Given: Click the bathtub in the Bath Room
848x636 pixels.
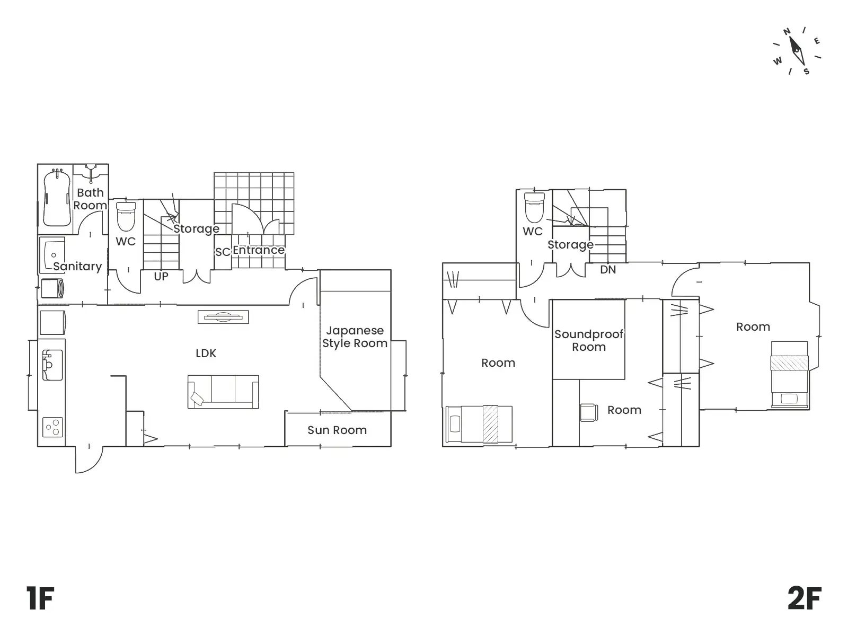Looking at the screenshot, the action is tap(57, 198).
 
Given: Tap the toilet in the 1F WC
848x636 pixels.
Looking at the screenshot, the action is tap(126, 216).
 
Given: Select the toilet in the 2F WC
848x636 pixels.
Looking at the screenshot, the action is tap(534, 208).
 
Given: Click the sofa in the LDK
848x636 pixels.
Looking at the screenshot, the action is tap(223, 392).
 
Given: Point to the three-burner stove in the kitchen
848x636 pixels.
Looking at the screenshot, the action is tap(52, 427).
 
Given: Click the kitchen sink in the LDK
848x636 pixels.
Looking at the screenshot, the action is tap(52, 365).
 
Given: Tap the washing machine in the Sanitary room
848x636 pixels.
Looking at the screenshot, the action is tap(52, 288).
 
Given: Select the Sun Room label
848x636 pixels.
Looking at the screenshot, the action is tap(337, 430).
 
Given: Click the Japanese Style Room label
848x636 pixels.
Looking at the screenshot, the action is tap(355, 337).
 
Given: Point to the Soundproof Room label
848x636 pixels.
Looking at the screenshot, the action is tap(589, 340).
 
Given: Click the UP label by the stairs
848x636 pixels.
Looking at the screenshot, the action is tap(161, 277).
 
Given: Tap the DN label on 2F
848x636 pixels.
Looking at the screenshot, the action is tap(608, 270).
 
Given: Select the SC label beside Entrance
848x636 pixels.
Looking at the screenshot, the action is tap(223, 252).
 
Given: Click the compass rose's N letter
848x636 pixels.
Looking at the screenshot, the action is tap(787, 32).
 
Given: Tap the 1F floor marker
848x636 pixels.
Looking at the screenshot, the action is tap(40, 598).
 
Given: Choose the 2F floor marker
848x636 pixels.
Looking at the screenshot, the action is tap(805, 598).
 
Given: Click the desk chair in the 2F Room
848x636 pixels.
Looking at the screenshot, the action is tap(589, 412).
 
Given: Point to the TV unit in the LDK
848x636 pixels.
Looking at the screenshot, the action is tap(223, 317).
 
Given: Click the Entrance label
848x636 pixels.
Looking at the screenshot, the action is tap(259, 250).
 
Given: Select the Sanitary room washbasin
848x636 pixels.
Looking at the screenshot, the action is tap(52, 255).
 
